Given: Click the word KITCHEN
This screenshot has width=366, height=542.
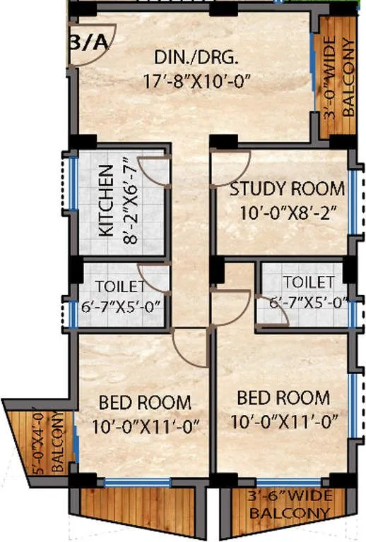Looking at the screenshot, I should pyautogui.click(x=105, y=202).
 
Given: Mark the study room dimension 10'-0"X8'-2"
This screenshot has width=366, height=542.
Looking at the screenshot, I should pyautogui.click(x=281, y=211).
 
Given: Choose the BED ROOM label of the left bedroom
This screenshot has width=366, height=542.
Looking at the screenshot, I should pyautogui.click(x=144, y=403).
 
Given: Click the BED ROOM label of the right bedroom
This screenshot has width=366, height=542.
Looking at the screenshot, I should pyautogui.click(x=283, y=397).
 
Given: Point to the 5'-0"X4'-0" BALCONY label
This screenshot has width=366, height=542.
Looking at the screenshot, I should pyautogui.click(x=47, y=444).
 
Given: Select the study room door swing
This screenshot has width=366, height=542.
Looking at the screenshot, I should pyautogui.click(x=232, y=167).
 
